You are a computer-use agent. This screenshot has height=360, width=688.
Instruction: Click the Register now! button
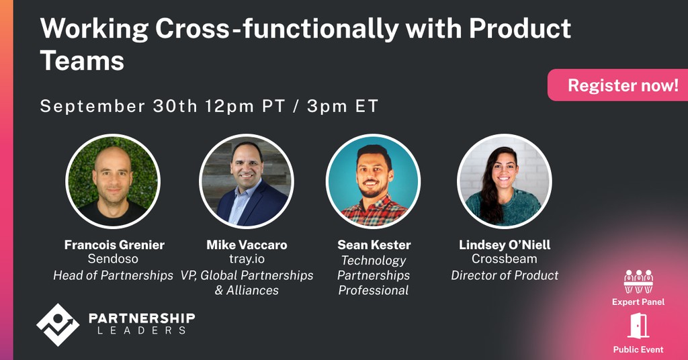pyautogui.click(x=622, y=85)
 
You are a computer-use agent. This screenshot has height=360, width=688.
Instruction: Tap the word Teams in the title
pyautogui.click(x=82, y=60)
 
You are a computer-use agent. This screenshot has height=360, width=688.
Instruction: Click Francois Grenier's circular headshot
pyautogui.click(x=113, y=181)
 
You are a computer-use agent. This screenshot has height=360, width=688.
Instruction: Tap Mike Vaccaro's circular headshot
pyautogui.click(x=246, y=181)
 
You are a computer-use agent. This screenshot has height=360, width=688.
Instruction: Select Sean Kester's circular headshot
pyautogui.click(x=373, y=181)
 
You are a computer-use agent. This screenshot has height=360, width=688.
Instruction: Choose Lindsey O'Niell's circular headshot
pyautogui.click(x=504, y=181)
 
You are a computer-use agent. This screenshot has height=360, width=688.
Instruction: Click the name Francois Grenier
pyautogui.click(x=114, y=244)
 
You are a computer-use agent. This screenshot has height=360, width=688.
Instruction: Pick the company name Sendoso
pyautogui.click(x=113, y=259)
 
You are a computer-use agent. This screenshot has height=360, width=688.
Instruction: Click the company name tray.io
pyautogui.click(x=247, y=259)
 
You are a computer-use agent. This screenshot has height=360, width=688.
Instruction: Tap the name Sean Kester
pyautogui.click(x=374, y=244)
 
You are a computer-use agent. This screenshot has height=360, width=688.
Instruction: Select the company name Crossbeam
pyautogui.click(x=505, y=259)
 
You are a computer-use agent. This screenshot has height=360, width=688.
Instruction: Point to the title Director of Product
pyautogui.click(x=505, y=275)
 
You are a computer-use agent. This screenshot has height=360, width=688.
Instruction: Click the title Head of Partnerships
pyautogui.click(x=113, y=275)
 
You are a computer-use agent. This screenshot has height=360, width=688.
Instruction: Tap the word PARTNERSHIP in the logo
pyautogui.click(x=142, y=318)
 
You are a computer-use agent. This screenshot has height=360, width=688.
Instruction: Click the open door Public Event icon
pyautogui.click(x=638, y=327)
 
